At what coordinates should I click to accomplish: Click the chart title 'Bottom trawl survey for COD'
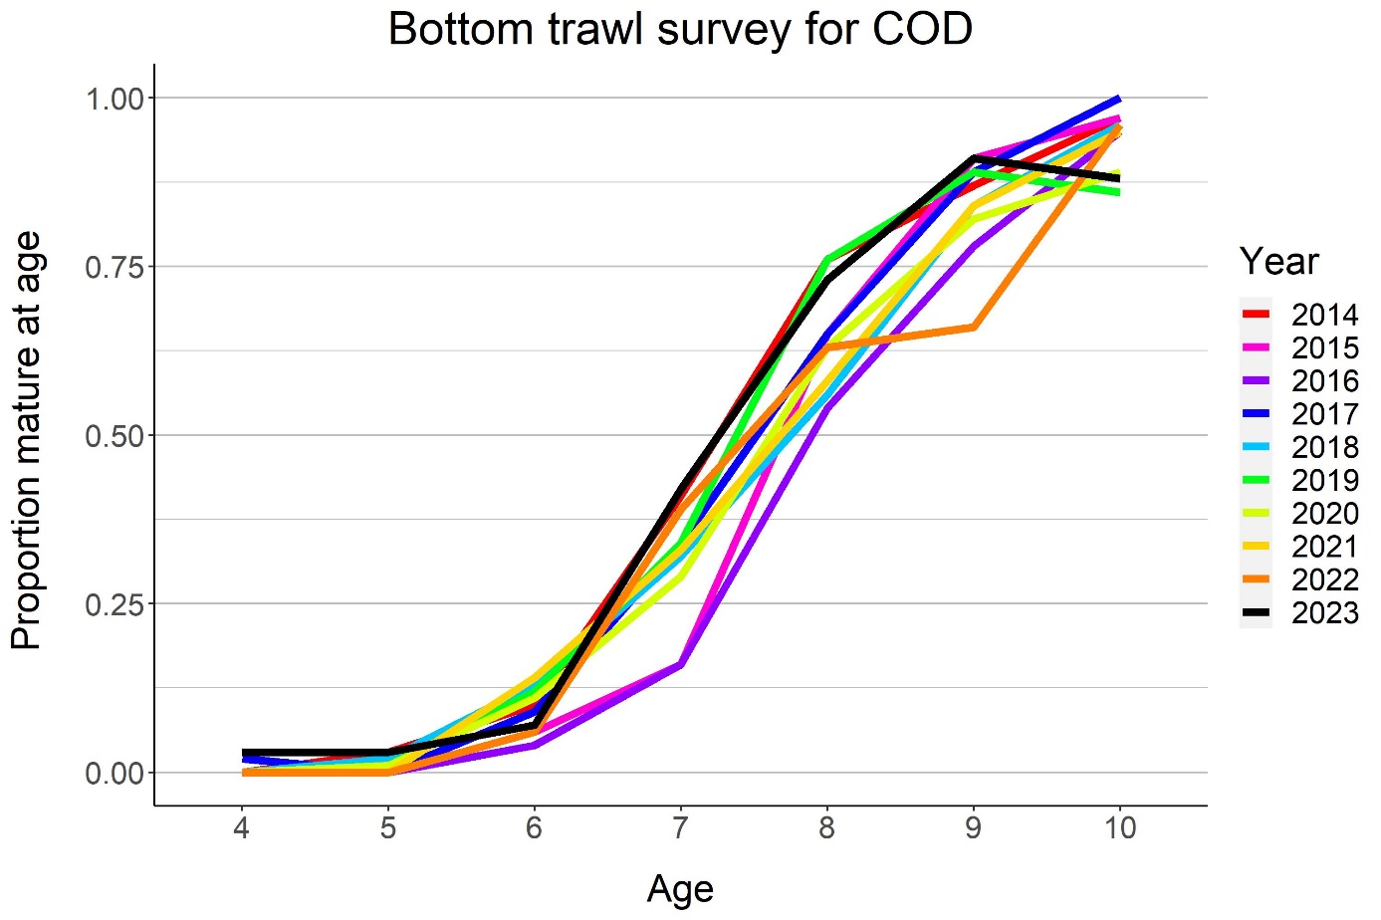pyautogui.click(x=680, y=30)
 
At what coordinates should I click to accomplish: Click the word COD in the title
pyautogui.click(x=922, y=30)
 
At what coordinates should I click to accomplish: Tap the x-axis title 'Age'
pyautogui.click(x=680, y=888)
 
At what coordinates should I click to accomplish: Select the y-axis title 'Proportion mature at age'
pyautogui.click(x=27, y=440)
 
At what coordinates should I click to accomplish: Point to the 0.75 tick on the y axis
pyautogui.click(x=115, y=267)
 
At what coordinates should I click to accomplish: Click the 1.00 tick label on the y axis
pyautogui.click(x=115, y=99)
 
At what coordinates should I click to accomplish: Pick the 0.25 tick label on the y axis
pyautogui.click(x=115, y=604)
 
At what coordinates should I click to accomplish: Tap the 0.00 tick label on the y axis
pyautogui.click(x=115, y=774)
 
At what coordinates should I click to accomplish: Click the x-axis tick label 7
pyautogui.click(x=680, y=827)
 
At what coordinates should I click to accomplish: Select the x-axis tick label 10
pyautogui.click(x=1119, y=827)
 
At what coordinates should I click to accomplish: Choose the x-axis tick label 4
pyautogui.click(x=241, y=827)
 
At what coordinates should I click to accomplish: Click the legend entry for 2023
pyautogui.click(x=1324, y=613)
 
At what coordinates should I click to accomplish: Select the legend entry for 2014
pyautogui.click(x=1324, y=315)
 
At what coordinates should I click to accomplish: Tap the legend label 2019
pyautogui.click(x=1324, y=481)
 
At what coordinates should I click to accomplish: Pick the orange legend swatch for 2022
pyautogui.click(x=1257, y=579)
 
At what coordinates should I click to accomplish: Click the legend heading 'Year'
pyautogui.click(x=1278, y=262)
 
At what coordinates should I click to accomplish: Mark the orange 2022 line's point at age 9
pyautogui.click(x=973, y=327)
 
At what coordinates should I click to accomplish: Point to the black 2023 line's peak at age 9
pyautogui.click(x=973, y=158)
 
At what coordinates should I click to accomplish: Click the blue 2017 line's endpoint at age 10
pyautogui.click(x=1119, y=99)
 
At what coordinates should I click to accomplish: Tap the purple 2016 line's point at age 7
pyautogui.click(x=680, y=664)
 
